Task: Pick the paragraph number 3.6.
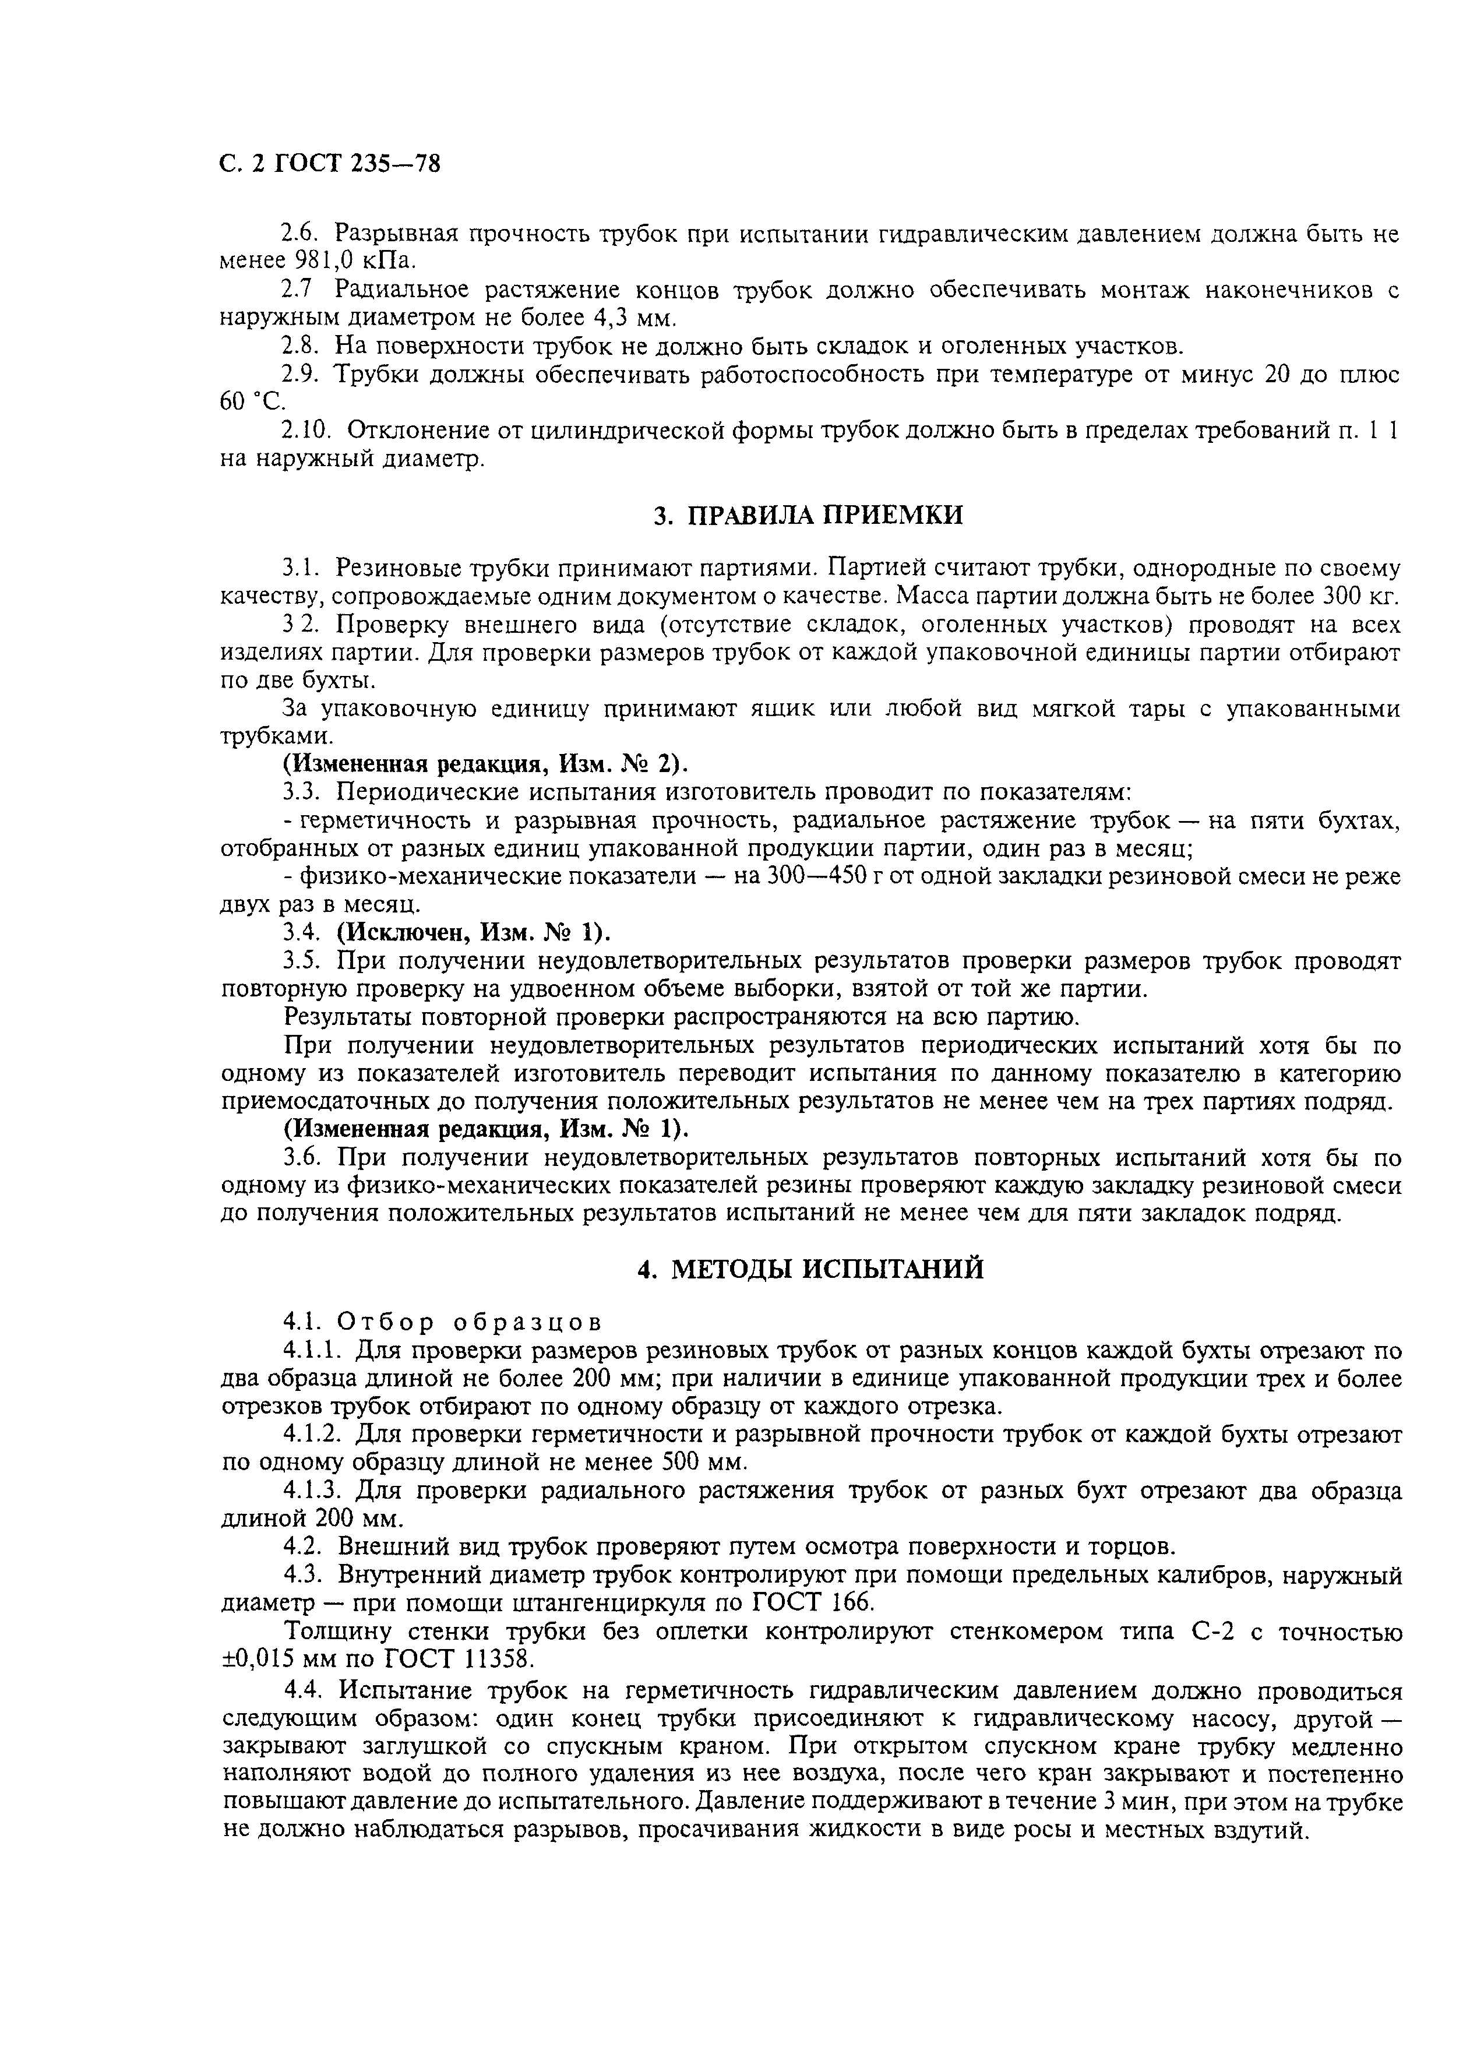(301, 1158)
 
